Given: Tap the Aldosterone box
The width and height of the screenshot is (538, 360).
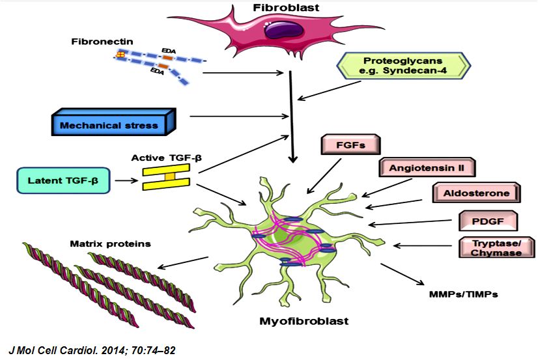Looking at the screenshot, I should point(475,193).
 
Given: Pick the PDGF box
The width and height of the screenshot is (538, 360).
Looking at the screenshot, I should point(488,221).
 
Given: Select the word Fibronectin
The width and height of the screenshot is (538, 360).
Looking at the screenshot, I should point(102,42).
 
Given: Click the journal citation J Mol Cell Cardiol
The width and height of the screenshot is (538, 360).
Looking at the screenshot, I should point(89,350).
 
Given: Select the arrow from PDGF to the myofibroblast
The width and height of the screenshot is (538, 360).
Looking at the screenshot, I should point(413,223).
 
